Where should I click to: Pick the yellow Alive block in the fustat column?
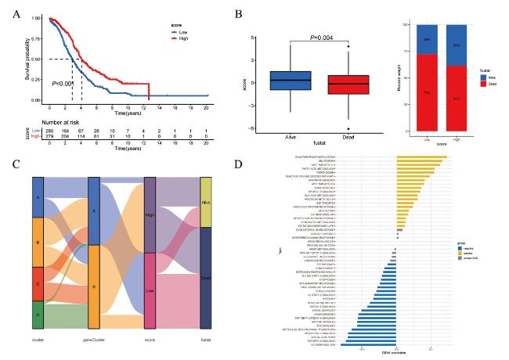pyautogui.click(x=207, y=191)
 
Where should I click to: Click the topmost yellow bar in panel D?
pyautogui.click(x=421, y=157)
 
